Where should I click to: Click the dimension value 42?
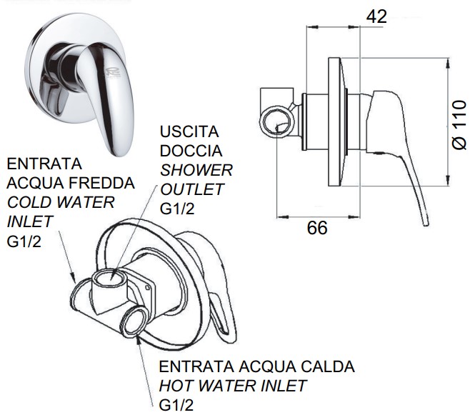click(x=376, y=16)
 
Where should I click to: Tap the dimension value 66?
click(x=317, y=228)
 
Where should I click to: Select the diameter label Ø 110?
click(x=459, y=124)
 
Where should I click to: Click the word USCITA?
click(x=189, y=132)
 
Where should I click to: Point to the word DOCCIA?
click(x=191, y=151)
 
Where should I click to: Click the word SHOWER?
click(x=196, y=170)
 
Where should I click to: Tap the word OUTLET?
click(x=191, y=189)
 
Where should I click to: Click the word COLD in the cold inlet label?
click(x=26, y=202)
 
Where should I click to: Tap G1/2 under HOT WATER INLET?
click(x=176, y=405)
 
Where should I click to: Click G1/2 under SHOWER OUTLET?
click(x=177, y=209)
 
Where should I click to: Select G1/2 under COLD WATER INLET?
click(x=24, y=241)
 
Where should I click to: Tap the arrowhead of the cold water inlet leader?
click(x=73, y=277)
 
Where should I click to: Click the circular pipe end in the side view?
click(x=276, y=122)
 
